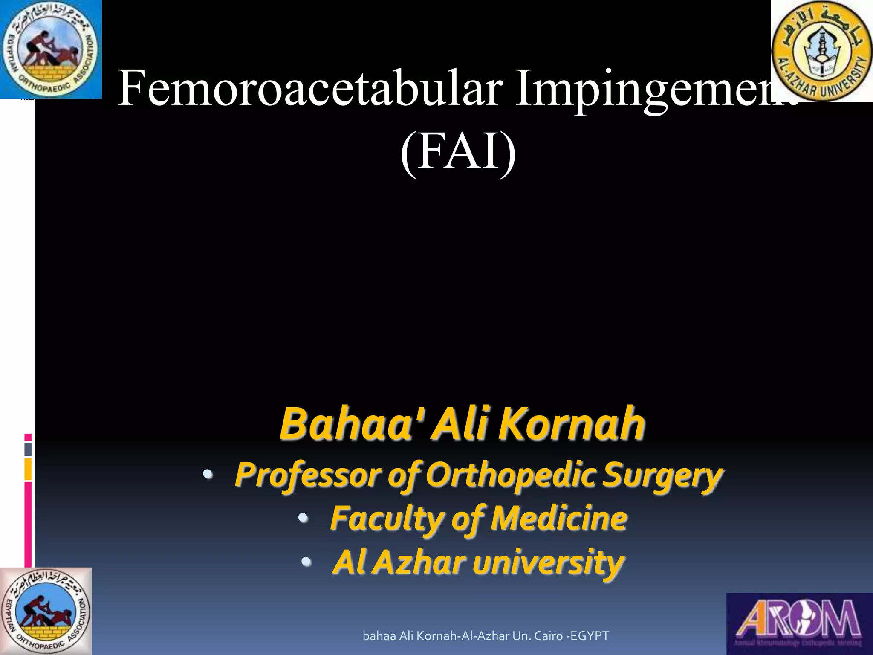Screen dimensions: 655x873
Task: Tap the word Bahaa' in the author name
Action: coord(350,424)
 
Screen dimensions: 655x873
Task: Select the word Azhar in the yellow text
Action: coord(420,562)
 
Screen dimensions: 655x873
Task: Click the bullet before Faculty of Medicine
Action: coord(303,518)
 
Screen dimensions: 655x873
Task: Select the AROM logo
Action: coord(799,623)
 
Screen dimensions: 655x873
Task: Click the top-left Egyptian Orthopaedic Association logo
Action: coord(50,49)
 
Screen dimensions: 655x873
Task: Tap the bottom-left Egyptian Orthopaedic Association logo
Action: coord(46,611)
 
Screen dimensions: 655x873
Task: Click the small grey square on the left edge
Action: coord(28,449)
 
